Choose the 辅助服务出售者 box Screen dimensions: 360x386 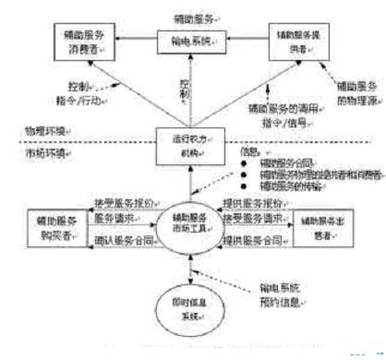[322, 225]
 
